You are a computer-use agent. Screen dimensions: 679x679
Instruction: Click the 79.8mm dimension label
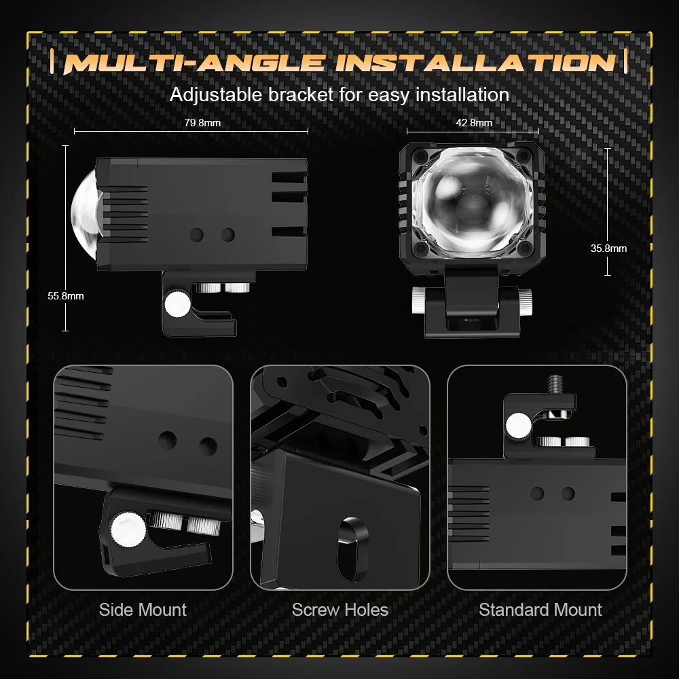tap(202, 123)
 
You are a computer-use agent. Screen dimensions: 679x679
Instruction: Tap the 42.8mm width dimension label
tap(474, 123)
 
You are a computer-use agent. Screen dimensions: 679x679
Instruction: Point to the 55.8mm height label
tap(65, 296)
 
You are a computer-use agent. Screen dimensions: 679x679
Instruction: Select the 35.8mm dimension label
tap(608, 249)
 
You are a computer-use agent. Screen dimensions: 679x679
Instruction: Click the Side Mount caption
tap(143, 610)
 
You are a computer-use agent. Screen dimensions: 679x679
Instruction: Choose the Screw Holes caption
tap(340, 610)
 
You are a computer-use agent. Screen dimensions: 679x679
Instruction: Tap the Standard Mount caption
tap(540, 610)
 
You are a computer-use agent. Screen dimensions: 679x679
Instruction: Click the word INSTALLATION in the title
tap(475, 62)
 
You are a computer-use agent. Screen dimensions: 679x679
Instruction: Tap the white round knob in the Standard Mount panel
tap(518, 426)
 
